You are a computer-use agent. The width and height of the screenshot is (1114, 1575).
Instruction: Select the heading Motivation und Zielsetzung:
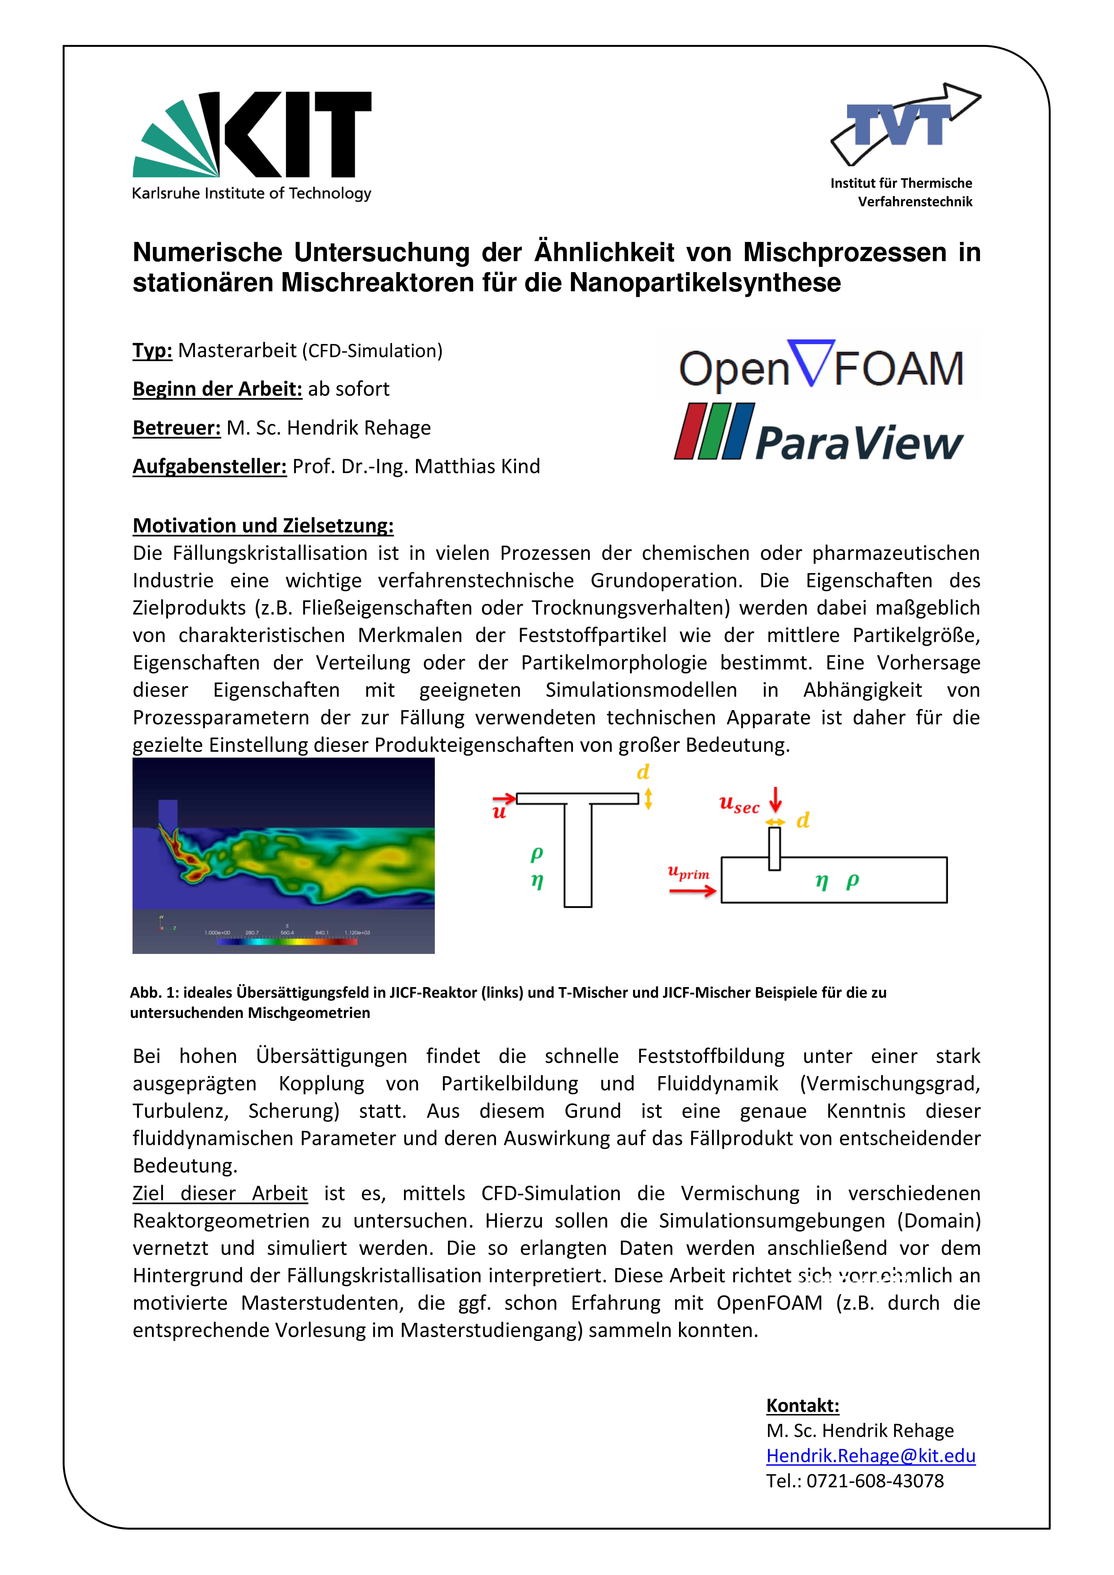point(263,525)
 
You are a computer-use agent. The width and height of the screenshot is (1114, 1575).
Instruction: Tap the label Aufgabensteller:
point(209,467)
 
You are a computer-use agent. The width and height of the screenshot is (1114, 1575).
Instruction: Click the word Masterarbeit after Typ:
point(237,351)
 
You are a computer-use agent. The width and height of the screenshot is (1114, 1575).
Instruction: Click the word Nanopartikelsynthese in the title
point(704,283)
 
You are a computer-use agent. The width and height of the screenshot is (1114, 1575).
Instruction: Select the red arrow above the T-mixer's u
point(504,798)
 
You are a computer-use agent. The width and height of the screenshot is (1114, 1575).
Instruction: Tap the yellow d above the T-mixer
point(643,772)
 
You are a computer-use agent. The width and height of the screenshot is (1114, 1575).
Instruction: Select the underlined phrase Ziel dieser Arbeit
point(219,1194)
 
